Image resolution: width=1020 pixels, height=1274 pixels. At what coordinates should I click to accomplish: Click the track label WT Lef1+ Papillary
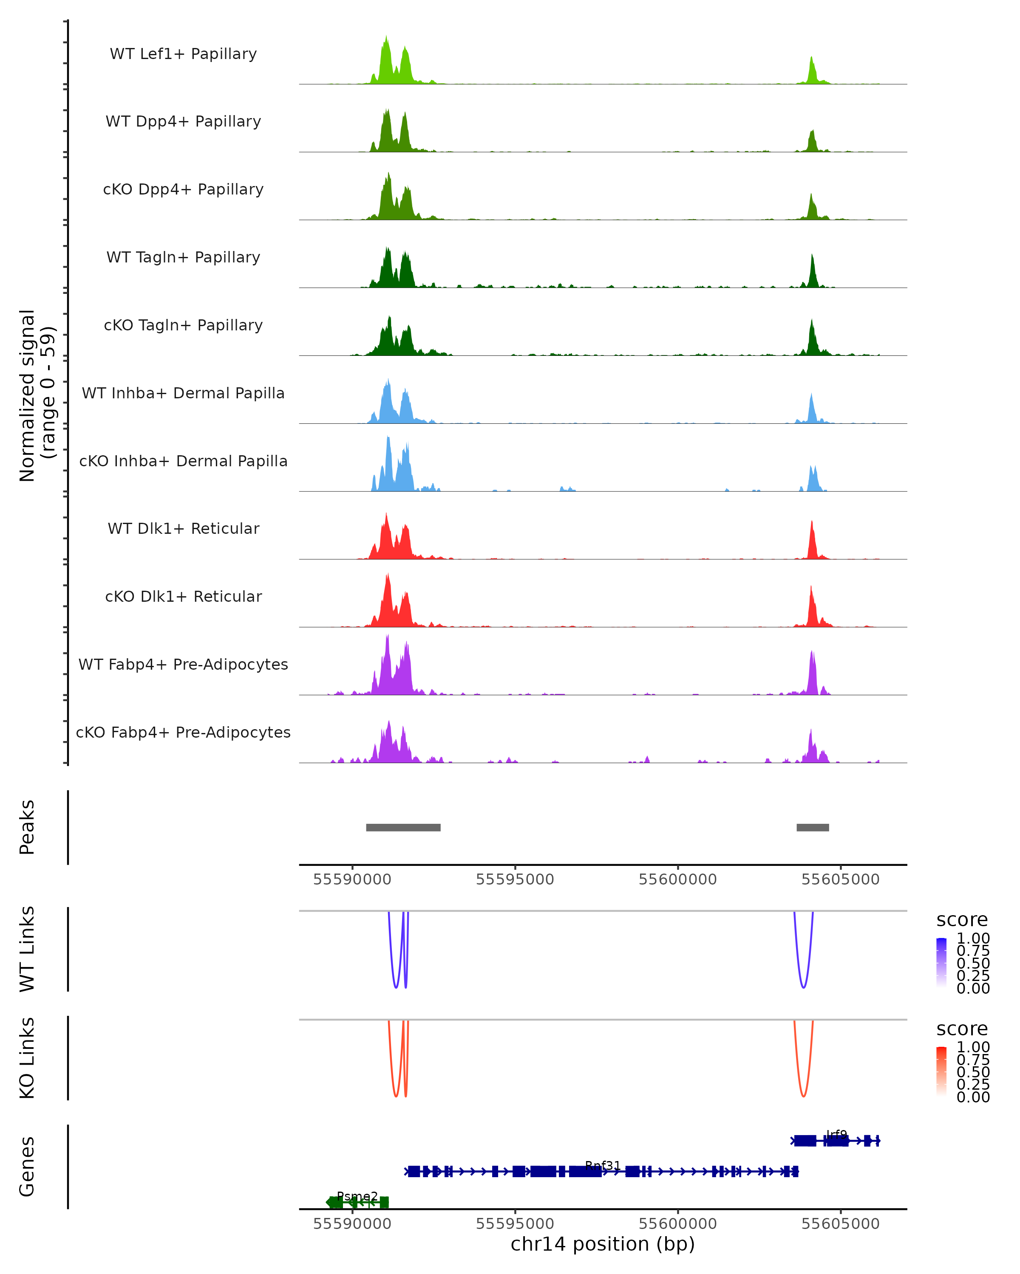(x=183, y=54)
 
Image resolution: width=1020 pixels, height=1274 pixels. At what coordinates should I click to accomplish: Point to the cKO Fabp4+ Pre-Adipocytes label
(x=183, y=732)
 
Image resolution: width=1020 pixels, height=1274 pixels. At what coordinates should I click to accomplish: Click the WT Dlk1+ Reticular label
(x=183, y=528)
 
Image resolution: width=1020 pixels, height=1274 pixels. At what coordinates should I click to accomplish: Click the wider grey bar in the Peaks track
(x=403, y=827)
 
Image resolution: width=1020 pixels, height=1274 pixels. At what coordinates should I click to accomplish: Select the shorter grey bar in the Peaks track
(x=813, y=827)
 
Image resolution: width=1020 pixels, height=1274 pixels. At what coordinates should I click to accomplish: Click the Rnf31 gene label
(x=603, y=1165)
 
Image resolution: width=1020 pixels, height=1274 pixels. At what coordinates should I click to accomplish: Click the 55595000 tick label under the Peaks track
(x=515, y=880)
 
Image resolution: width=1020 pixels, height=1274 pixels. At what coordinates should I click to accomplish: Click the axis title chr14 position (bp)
(x=603, y=1244)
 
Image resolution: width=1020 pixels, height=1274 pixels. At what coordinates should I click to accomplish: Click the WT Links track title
(x=27, y=949)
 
